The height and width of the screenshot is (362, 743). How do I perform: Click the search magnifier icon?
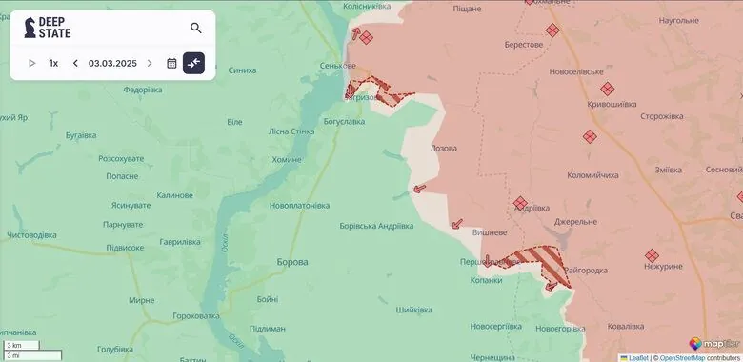tap(196, 29)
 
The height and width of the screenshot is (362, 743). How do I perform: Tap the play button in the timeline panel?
tap(31, 63)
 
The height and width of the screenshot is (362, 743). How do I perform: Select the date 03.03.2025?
tap(112, 63)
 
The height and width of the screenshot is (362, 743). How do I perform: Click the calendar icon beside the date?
tap(171, 63)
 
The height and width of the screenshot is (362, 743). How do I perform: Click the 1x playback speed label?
tap(53, 63)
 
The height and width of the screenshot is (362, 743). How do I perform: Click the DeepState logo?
tap(48, 28)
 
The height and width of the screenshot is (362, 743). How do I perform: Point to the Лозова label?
tap(444, 149)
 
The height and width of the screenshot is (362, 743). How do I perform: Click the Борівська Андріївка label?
tap(376, 226)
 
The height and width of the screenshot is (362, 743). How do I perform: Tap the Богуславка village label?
tap(344, 121)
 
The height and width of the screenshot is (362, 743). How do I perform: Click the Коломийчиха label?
tap(592, 175)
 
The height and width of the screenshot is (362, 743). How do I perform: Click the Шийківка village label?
tap(414, 310)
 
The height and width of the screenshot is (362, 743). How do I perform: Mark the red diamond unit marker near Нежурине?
tap(653, 255)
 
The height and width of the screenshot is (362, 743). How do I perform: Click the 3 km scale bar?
tap(20, 344)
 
